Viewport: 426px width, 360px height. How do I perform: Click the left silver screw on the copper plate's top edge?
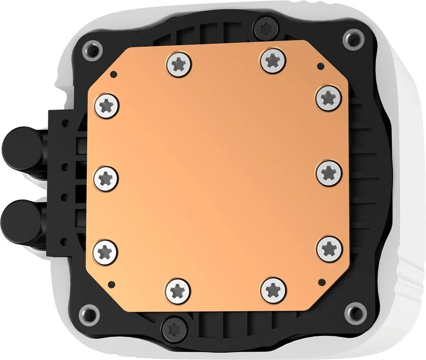tap(178, 64)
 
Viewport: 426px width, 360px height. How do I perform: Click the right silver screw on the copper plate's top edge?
tap(271, 61)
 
